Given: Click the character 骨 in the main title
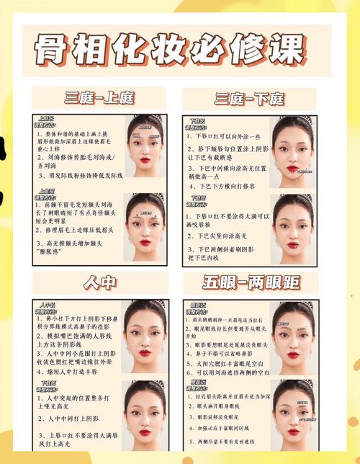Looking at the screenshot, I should point(53,48).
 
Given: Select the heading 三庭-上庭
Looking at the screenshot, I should point(99,98).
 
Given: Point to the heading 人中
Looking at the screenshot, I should point(99,282).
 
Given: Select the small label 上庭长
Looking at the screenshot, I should point(46,117).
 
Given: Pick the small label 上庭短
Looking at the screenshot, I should point(46,192).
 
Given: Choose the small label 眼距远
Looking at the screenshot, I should point(197,305).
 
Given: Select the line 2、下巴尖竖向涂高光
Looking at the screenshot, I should point(217,236).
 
